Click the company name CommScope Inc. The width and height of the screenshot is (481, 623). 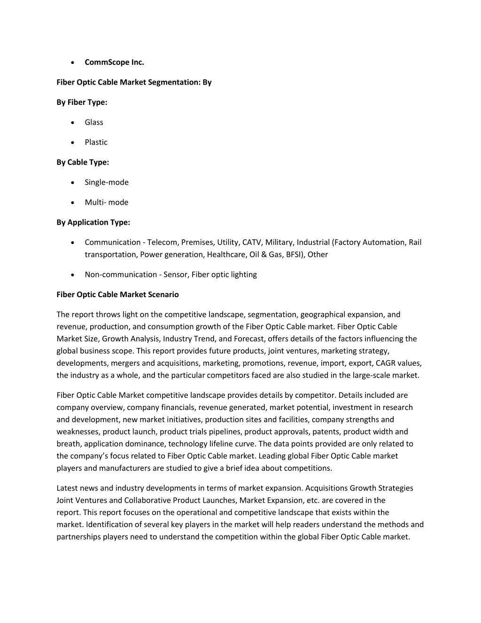pyautogui.click(x=114, y=62)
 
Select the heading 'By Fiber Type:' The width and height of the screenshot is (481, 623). pyautogui.click(x=82, y=102)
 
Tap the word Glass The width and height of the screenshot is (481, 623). pyautogui.click(x=94, y=122)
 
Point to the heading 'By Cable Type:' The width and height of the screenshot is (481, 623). pyautogui.click(x=83, y=162)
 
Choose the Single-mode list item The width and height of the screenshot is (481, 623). pyautogui.click(x=107, y=182)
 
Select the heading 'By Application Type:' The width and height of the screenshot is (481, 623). pyautogui.click(x=93, y=222)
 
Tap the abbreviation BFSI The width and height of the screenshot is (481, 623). pyautogui.click(x=294, y=255)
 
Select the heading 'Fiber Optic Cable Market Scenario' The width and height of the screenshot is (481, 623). pyautogui.click(x=117, y=295)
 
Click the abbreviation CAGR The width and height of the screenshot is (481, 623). pyautogui.click(x=386, y=363)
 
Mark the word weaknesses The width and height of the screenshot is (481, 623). pyautogui.click(x=78, y=432)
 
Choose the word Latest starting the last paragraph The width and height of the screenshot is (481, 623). pyautogui.click(x=68, y=488)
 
